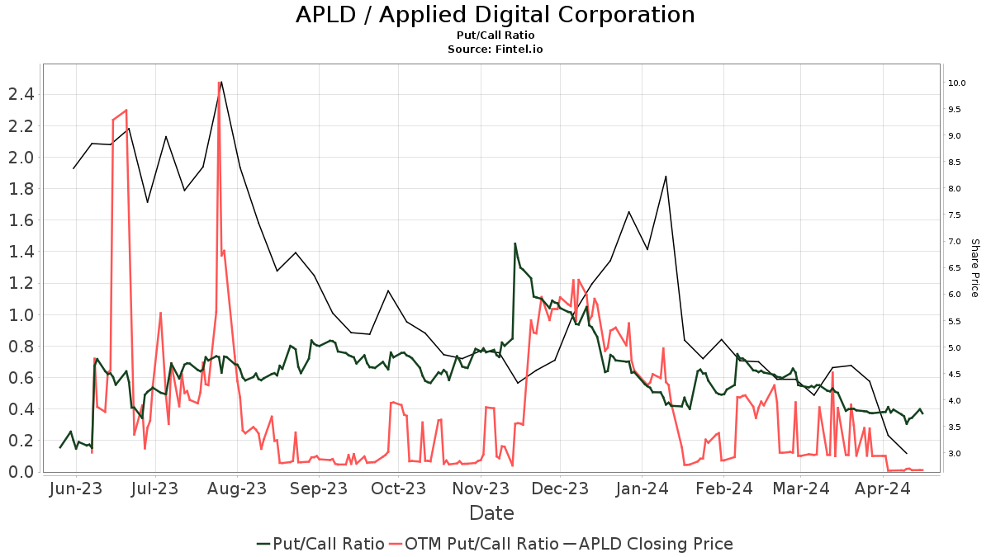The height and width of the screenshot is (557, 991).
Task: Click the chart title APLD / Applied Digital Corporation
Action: click(x=495, y=15)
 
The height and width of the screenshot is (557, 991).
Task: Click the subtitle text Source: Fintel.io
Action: click(x=495, y=50)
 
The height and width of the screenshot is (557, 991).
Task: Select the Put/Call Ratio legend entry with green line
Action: click(x=320, y=544)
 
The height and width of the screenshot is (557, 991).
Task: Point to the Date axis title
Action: click(x=491, y=513)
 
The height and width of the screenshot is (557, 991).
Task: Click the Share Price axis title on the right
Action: click(x=974, y=268)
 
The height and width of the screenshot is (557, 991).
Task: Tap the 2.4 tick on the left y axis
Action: click(x=21, y=94)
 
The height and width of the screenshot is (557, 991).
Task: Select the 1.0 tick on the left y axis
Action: click(x=21, y=314)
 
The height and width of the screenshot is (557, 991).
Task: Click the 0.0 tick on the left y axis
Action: click(x=21, y=471)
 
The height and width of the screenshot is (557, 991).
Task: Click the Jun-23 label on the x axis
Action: click(x=76, y=489)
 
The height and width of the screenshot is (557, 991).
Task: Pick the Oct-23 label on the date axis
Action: click(x=398, y=489)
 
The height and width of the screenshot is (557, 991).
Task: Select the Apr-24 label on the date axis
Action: click(x=882, y=489)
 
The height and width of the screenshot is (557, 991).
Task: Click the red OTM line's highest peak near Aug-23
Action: click(x=219, y=83)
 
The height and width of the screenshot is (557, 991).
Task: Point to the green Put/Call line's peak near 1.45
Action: click(x=515, y=243)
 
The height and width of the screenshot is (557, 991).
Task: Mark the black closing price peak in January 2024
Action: click(x=666, y=176)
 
